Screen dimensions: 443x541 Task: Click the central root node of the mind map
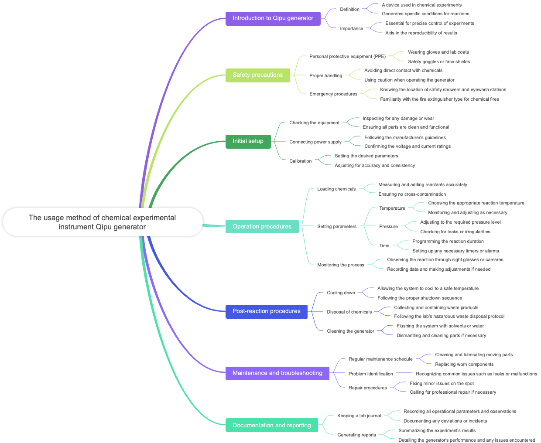(103, 222)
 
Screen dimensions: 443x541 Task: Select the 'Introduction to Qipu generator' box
(273, 18)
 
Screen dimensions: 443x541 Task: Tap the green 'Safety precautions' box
(257, 75)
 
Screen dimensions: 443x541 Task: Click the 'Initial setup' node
(248, 141)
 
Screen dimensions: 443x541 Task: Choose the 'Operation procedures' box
(262, 227)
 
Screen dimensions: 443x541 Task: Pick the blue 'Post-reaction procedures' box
(266, 311)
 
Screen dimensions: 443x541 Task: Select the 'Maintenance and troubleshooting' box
(277, 373)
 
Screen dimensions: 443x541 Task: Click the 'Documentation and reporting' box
(271, 426)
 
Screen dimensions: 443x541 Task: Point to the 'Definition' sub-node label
(349, 10)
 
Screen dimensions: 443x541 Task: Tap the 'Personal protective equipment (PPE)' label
(347, 57)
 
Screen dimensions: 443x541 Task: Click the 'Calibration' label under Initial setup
(300, 161)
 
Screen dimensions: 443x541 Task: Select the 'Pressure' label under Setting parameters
(388, 227)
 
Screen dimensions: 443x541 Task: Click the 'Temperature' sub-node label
(392, 208)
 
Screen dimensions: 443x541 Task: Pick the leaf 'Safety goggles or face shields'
(439, 62)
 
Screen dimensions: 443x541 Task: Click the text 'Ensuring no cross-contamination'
(412, 194)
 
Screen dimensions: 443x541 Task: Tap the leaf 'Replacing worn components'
(464, 365)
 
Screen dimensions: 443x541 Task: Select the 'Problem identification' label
(370, 374)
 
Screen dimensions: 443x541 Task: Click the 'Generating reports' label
(356, 435)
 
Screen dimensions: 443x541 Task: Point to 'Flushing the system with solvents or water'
(440, 326)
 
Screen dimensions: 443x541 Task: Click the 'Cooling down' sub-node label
(341, 293)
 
